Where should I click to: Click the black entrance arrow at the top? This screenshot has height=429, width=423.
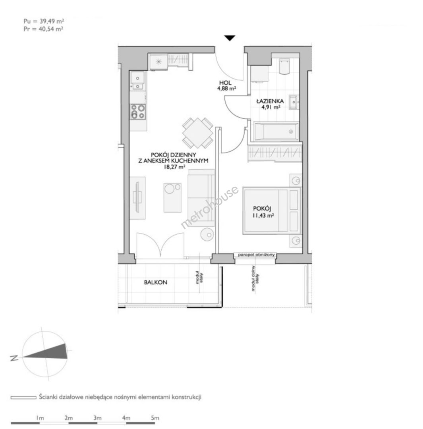pos(230,38)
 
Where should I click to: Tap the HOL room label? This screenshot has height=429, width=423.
pos(225,83)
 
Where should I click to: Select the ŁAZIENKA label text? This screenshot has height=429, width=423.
pos(270,101)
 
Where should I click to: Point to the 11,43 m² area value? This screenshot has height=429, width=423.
pos(263,216)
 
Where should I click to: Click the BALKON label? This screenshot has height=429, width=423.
pos(155,282)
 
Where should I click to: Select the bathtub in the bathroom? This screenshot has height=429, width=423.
pos(276,132)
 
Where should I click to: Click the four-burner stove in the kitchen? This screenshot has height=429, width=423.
pos(138,112)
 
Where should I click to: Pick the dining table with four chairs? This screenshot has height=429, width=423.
pos(197,133)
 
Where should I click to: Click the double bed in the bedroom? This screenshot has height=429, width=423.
pos(272,211)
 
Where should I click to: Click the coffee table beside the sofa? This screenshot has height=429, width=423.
pos(172,198)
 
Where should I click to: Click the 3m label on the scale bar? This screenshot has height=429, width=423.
pos(97,418)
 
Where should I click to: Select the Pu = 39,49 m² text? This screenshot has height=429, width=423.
pos(44,21)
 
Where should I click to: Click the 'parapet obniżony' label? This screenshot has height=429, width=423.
pos(256,255)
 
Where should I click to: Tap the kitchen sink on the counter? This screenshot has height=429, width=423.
pos(137,80)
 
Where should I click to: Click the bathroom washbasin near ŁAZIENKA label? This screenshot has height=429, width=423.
pos(294,102)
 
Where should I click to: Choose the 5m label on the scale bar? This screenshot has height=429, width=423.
pos(155,418)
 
